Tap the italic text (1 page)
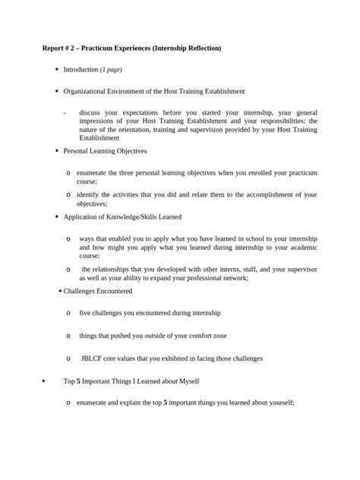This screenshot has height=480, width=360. pyautogui.click(x=111, y=70)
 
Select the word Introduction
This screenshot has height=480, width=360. pyautogui.click(x=81, y=70)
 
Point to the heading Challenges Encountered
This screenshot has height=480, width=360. pyautogui.click(x=97, y=291)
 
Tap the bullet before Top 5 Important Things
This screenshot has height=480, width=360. pyautogui.click(x=43, y=381)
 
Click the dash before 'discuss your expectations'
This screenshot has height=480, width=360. pyautogui.click(x=65, y=112)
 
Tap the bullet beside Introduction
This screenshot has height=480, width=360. pyautogui.click(x=57, y=70)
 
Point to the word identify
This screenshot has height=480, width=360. pyautogui.click(x=90, y=194)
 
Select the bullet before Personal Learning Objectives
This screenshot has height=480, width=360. pyautogui.click(x=57, y=151)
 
